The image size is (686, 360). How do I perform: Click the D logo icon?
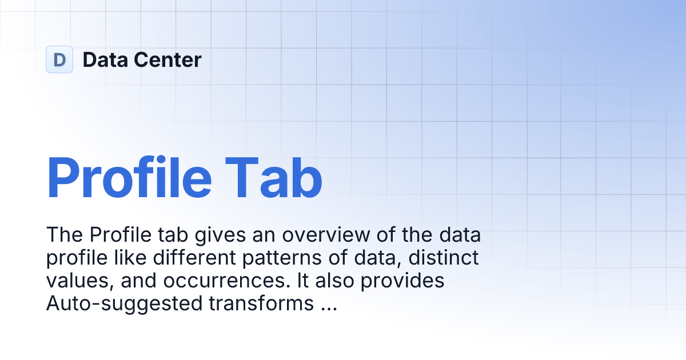pos(59,59)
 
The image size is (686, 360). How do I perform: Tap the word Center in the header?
pos(167,59)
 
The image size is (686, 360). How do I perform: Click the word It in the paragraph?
pos(309,282)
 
